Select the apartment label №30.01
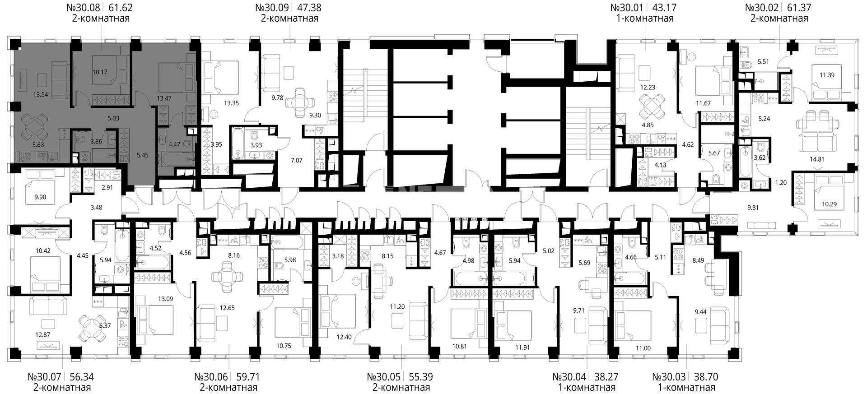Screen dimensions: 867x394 tap(627, 8)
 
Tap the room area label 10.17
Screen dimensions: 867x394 tap(100, 71)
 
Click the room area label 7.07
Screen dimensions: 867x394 tap(298, 160)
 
